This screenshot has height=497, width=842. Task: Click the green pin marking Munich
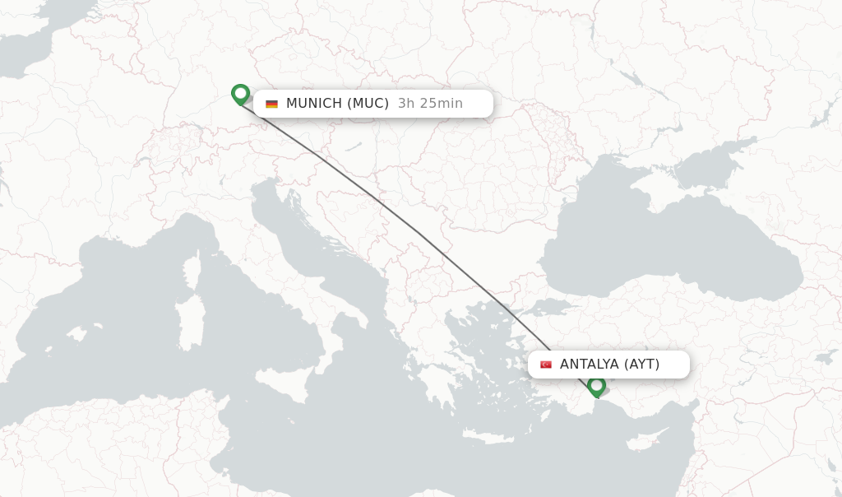(x=240, y=94)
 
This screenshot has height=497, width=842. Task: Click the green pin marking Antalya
(x=597, y=385)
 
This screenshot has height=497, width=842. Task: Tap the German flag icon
(x=271, y=104)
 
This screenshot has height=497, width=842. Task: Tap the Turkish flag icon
(x=546, y=365)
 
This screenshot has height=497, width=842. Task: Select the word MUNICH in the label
(x=313, y=104)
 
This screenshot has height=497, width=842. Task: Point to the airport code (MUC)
(x=368, y=104)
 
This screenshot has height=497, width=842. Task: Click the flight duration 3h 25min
(x=430, y=104)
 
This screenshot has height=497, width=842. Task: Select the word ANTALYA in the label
(x=589, y=365)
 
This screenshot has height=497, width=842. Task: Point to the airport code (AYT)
(x=641, y=365)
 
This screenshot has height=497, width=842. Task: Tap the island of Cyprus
(x=658, y=439)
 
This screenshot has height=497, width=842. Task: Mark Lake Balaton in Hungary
(x=353, y=146)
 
